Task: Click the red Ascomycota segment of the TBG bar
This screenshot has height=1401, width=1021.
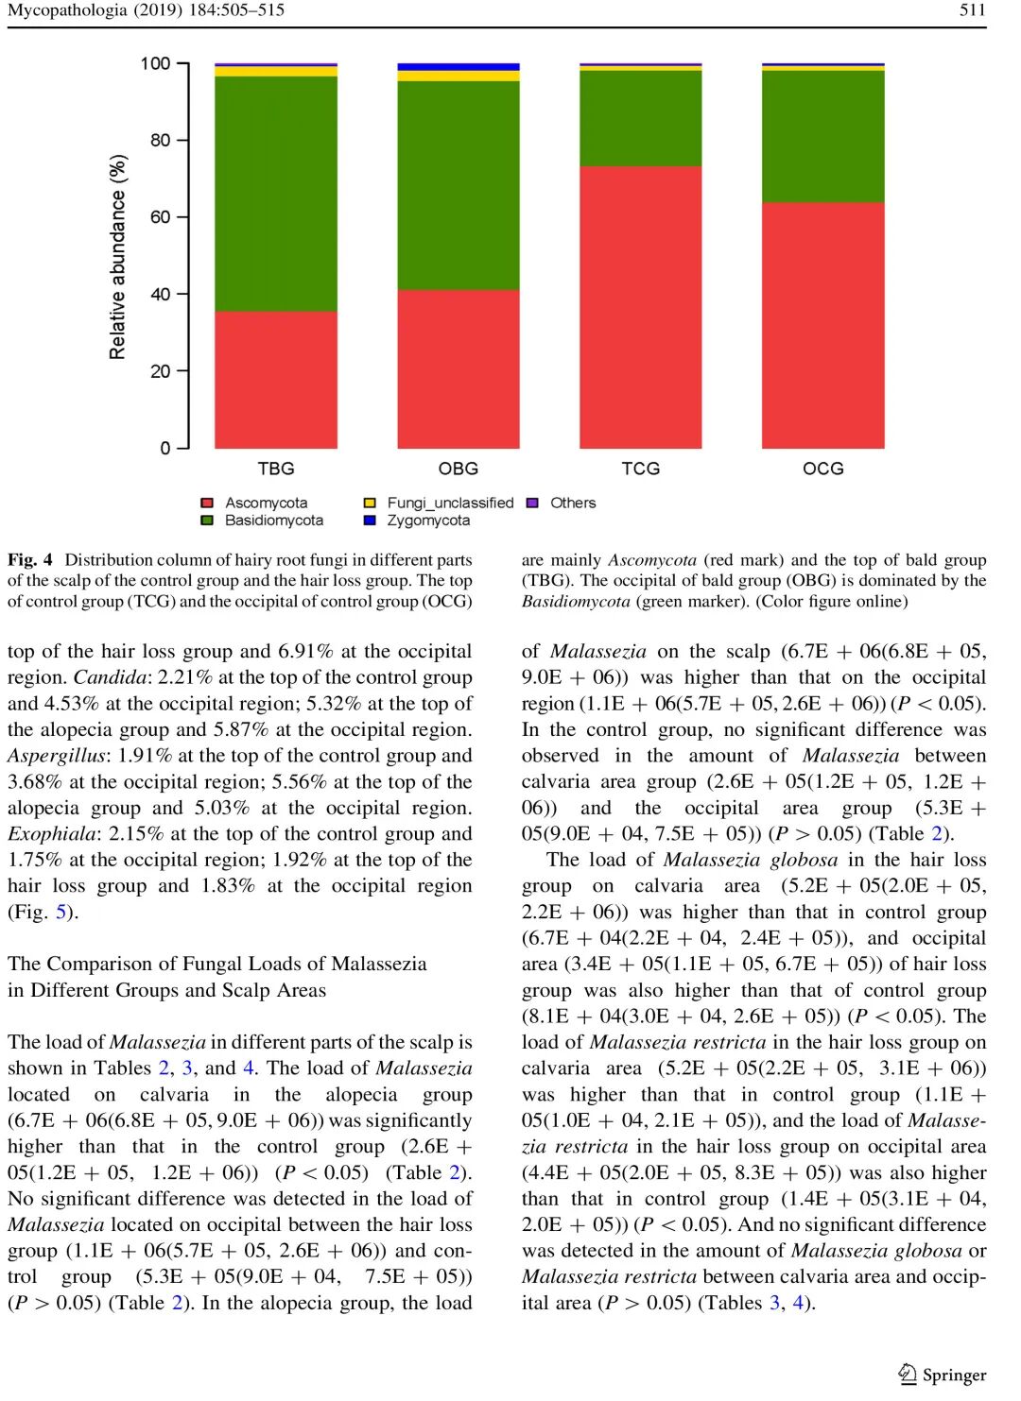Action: [x=276, y=380]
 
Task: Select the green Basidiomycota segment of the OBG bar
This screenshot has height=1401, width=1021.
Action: [x=459, y=185]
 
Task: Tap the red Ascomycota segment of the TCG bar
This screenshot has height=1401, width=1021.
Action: [x=641, y=307]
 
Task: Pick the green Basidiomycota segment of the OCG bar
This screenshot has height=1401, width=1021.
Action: [x=823, y=136]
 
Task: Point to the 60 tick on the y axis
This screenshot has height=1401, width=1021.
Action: [x=183, y=217]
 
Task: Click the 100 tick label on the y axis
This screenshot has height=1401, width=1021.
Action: [x=155, y=64]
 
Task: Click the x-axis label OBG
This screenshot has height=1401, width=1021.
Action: [x=459, y=469]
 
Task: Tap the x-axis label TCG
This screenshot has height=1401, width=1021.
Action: [x=641, y=469]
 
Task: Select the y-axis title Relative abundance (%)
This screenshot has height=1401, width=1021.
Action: [x=117, y=257]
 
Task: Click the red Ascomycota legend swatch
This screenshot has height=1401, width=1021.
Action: [x=208, y=504]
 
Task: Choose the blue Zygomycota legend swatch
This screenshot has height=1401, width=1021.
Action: [x=370, y=521]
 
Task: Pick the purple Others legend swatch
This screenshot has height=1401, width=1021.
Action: [x=532, y=504]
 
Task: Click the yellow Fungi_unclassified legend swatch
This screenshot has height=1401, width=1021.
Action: [x=370, y=504]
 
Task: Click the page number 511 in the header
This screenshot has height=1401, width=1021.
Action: [x=973, y=10]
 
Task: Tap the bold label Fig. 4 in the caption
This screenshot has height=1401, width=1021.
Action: [x=30, y=560]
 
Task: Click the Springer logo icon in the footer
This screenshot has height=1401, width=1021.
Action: [x=908, y=1374]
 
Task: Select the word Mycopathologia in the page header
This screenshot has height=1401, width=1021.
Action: [x=67, y=10]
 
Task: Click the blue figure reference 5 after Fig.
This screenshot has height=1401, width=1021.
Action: [x=61, y=913]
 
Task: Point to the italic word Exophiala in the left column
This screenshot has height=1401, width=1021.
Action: [x=53, y=834]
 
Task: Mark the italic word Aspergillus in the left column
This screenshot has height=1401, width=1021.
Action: [x=58, y=756]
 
